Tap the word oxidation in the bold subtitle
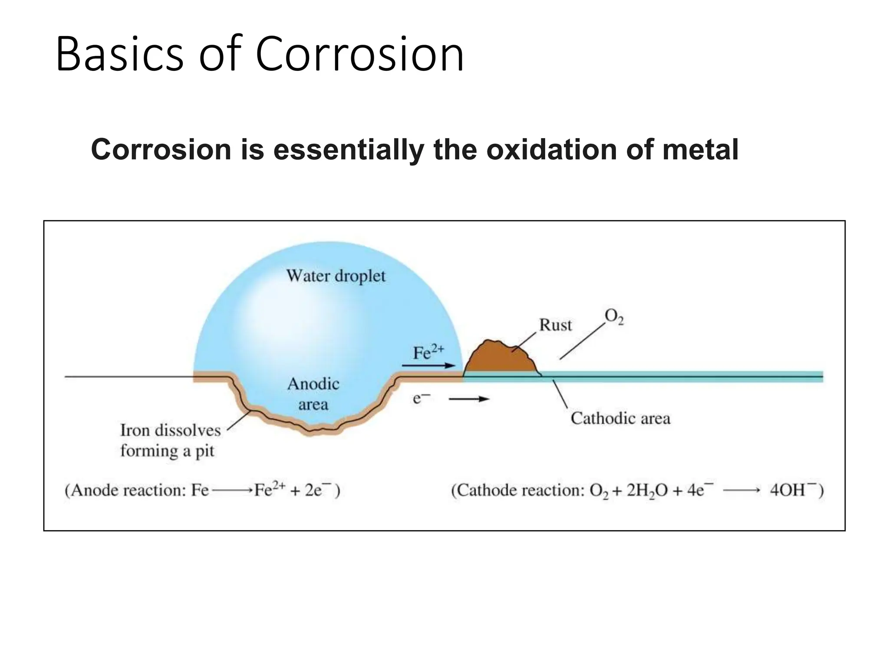[552, 149]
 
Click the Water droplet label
[336, 276]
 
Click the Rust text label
[555, 325]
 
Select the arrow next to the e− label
[469, 399]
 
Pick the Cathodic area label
[620, 418]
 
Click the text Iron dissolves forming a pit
[170, 440]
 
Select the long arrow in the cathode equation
[741, 491]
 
